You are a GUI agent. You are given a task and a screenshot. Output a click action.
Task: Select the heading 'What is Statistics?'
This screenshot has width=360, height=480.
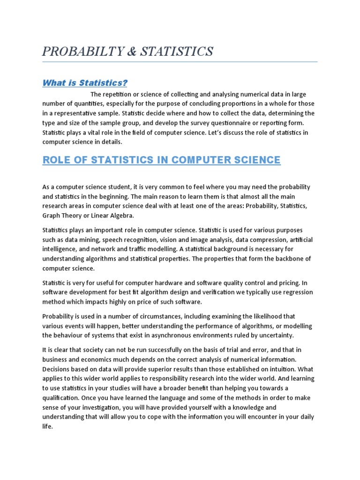pyautogui.click(x=85, y=83)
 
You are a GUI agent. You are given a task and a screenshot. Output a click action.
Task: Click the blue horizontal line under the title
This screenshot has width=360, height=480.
pyautogui.click(x=180, y=61)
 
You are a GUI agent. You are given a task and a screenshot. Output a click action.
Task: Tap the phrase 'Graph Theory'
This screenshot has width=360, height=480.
pyautogui.click(x=62, y=216)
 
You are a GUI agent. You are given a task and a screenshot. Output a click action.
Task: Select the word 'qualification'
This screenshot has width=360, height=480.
pyautogui.click(x=63, y=397)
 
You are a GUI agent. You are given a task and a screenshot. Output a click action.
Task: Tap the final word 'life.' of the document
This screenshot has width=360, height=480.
pyautogui.click(x=48, y=427)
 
